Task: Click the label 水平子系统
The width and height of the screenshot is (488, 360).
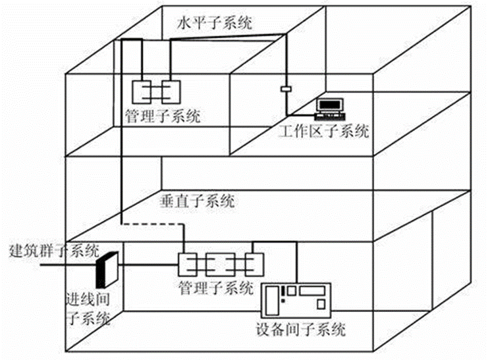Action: pos(215,24)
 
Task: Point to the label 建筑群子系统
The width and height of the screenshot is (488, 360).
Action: pos(54,250)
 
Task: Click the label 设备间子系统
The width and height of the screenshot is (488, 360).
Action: pos(301,330)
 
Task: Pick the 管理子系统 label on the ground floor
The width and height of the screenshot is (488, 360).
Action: pos(215,288)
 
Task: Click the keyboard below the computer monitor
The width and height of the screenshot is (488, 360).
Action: pos(327,116)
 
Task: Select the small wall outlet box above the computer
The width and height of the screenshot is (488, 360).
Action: pos(286,88)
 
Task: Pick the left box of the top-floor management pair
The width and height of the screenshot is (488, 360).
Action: pos(142,90)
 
